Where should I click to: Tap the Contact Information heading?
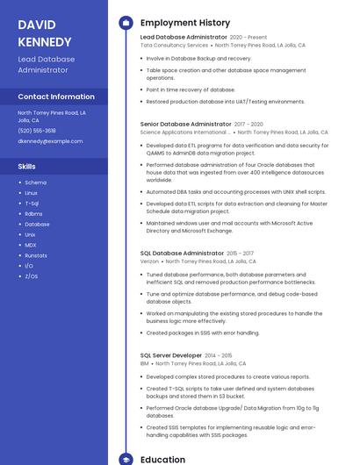(56, 97)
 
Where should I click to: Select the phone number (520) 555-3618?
(37, 130)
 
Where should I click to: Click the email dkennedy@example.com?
(50, 140)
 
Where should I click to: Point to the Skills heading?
(27, 165)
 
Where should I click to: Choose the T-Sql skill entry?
(32, 203)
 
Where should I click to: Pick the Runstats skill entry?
(36, 255)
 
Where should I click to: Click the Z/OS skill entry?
(31, 276)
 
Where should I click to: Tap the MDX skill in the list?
(30, 245)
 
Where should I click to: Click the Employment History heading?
(185, 23)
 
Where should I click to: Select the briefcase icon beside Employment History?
(126, 23)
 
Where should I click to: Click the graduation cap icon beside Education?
(126, 459)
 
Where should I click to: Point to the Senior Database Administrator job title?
(185, 125)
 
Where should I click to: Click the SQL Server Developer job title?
(171, 355)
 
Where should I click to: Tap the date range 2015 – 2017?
(240, 253)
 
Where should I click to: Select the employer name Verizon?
(149, 261)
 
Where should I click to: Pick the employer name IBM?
(144, 363)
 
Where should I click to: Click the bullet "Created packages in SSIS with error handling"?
(203, 333)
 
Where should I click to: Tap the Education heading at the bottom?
(162, 459)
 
